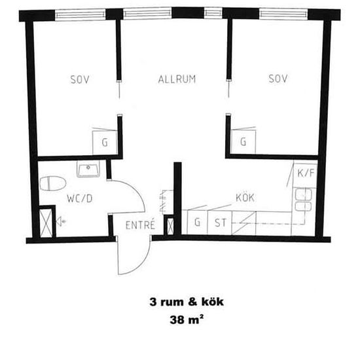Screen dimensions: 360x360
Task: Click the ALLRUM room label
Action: click(x=177, y=80)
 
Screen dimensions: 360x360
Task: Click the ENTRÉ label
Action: click(x=140, y=225)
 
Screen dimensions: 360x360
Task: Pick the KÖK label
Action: click(x=245, y=197)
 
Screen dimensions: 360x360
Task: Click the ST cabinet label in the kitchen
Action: click(x=221, y=222)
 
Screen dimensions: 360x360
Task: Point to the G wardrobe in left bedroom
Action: click(x=105, y=141)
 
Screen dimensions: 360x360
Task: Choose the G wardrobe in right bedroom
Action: click(x=243, y=141)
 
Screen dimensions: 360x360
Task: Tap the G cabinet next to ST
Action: click(x=197, y=222)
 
